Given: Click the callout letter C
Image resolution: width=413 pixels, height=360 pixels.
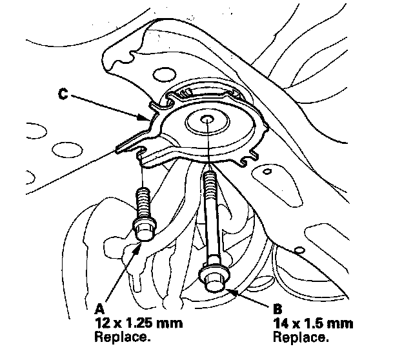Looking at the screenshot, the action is click(63, 94).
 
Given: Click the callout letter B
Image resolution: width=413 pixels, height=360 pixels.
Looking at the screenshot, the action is click(277, 308).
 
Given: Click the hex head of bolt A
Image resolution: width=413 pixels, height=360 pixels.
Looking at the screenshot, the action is click(143, 228).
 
